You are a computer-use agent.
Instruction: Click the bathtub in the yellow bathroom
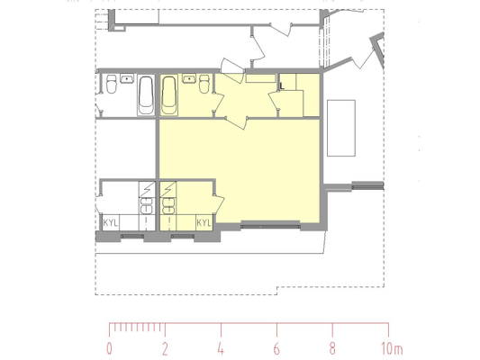[x=168, y=95]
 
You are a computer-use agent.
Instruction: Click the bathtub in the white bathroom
[x=146, y=95]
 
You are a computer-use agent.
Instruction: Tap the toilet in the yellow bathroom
[x=204, y=84]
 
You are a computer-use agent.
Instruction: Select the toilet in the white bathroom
[x=111, y=84]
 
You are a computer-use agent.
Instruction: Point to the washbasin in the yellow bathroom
[x=189, y=78]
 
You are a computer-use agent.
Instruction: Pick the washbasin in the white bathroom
[x=126, y=78]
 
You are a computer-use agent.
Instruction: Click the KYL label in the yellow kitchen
[x=204, y=222]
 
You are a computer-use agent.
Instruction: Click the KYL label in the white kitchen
[x=110, y=222]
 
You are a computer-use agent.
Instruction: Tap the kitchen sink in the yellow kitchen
[x=168, y=206]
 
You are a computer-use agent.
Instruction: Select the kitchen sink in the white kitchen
[x=146, y=206]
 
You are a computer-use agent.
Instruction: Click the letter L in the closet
[x=282, y=85]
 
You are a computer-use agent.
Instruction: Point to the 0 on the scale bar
[x=109, y=348]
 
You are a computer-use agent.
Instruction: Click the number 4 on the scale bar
[x=221, y=348]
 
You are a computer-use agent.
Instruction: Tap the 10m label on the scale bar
[x=392, y=348]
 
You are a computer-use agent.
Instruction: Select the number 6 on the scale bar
[x=276, y=348]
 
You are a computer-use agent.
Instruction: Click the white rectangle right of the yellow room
[x=341, y=128]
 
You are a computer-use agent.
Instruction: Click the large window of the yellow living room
[x=270, y=227]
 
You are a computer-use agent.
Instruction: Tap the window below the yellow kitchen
[x=183, y=237]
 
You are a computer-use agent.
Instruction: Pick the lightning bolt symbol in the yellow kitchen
[x=168, y=189]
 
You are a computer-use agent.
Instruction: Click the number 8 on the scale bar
[x=332, y=348]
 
